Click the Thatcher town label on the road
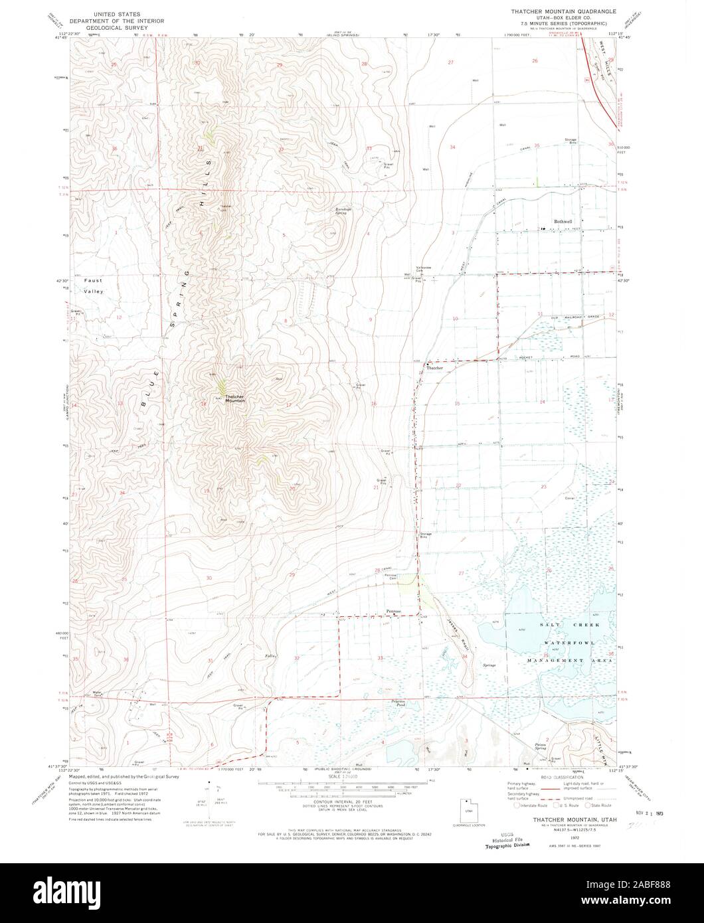point(434,367)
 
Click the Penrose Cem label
point(390,575)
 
